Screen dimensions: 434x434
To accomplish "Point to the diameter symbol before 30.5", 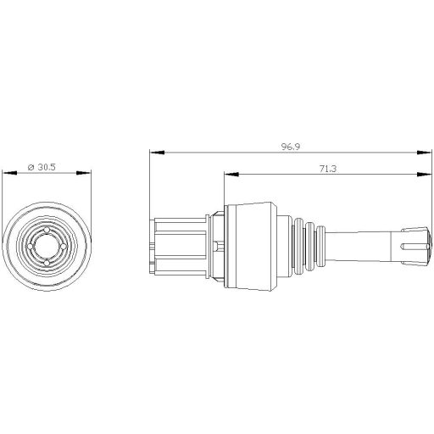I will click(31, 168).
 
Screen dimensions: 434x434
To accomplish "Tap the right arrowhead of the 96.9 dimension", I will click(419, 153).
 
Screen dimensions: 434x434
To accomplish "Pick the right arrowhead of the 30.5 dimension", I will click(86, 174).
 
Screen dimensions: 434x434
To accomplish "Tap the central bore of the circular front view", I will click(47, 245).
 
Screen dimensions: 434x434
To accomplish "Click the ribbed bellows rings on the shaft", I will click(309, 245).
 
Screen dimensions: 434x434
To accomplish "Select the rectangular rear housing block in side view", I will click(180, 246).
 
